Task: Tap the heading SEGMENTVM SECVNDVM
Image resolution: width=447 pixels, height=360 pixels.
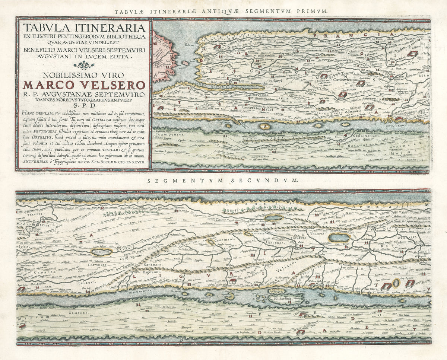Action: click(223, 180)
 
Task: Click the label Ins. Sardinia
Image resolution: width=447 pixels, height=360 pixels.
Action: click(282, 299)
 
